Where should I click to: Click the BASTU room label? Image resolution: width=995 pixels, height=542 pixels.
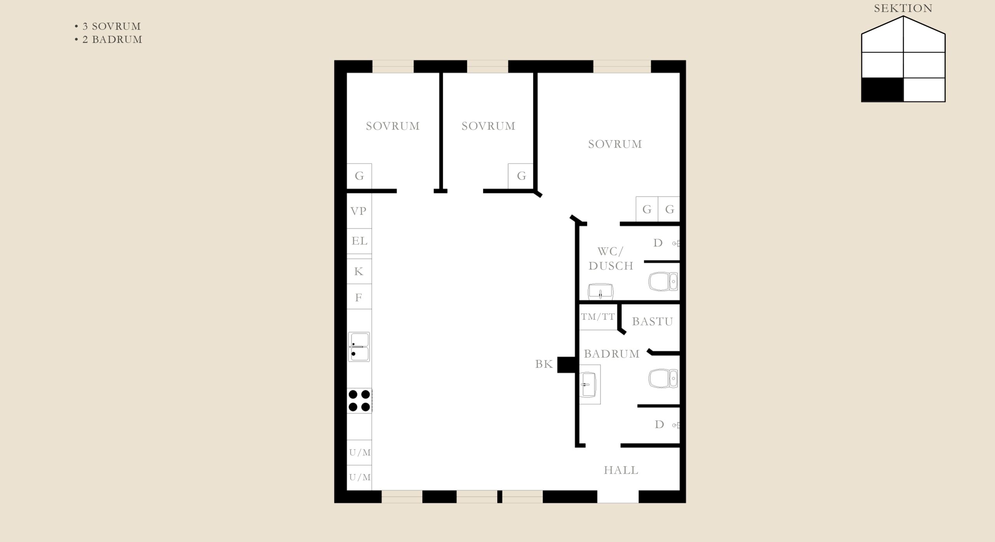point(652,322)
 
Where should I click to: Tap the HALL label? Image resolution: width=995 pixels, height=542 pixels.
point(621,470)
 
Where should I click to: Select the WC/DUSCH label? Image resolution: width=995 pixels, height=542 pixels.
point(611,259)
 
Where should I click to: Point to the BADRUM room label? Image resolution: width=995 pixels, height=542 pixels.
point(611,354)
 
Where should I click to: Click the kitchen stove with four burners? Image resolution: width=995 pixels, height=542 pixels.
point(359,401)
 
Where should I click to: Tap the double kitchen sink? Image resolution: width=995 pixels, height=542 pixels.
point(359,347)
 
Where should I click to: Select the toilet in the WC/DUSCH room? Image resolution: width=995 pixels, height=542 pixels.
point(663,281)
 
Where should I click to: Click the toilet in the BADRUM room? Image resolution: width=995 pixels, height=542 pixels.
point(663,379)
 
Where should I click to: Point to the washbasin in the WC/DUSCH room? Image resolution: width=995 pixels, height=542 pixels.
point(600,292)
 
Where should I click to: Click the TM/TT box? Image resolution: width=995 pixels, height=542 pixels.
point(598,317)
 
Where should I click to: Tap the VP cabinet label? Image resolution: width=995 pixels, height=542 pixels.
point(358,211)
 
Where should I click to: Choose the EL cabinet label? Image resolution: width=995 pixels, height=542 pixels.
point(359,241)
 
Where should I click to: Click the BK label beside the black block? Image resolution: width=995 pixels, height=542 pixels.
point(544,364)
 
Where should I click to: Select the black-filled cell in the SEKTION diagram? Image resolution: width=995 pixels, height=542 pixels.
point(882,90)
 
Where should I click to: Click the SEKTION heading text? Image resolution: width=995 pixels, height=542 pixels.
point(903,9)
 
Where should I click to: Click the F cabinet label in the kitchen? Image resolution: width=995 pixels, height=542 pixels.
point(358,298)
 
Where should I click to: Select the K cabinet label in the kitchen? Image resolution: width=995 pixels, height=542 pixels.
point(358,271)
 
